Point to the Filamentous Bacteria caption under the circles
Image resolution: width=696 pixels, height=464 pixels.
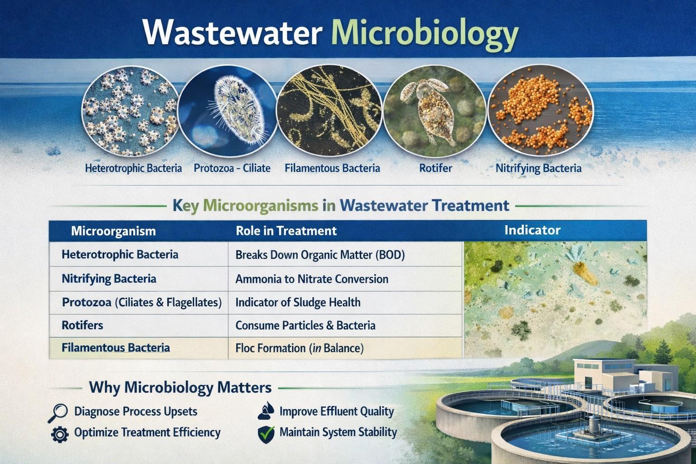pos(332,169)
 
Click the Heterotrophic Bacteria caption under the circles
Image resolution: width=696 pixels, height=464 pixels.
pos(133,169)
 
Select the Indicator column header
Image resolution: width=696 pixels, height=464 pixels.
pos(532,230)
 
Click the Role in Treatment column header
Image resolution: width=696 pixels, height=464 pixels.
pos(286,231)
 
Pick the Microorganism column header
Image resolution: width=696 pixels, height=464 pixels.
pos(113,231)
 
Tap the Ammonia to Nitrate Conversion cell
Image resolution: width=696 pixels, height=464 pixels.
pos(312,279)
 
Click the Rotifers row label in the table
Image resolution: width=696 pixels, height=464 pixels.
pos(82,325)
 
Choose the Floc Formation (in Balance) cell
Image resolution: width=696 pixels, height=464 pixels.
pos(300,348)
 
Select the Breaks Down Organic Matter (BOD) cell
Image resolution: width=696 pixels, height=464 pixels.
pos(320,255)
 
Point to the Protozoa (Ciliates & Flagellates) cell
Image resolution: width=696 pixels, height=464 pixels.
pos(141,302)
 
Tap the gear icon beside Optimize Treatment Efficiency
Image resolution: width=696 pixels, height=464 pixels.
pos(59,434)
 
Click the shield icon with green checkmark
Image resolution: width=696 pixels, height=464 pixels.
pos(266,433)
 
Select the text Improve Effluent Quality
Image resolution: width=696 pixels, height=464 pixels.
pos(336,411)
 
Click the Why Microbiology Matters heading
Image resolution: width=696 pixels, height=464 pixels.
pos(180,387)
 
